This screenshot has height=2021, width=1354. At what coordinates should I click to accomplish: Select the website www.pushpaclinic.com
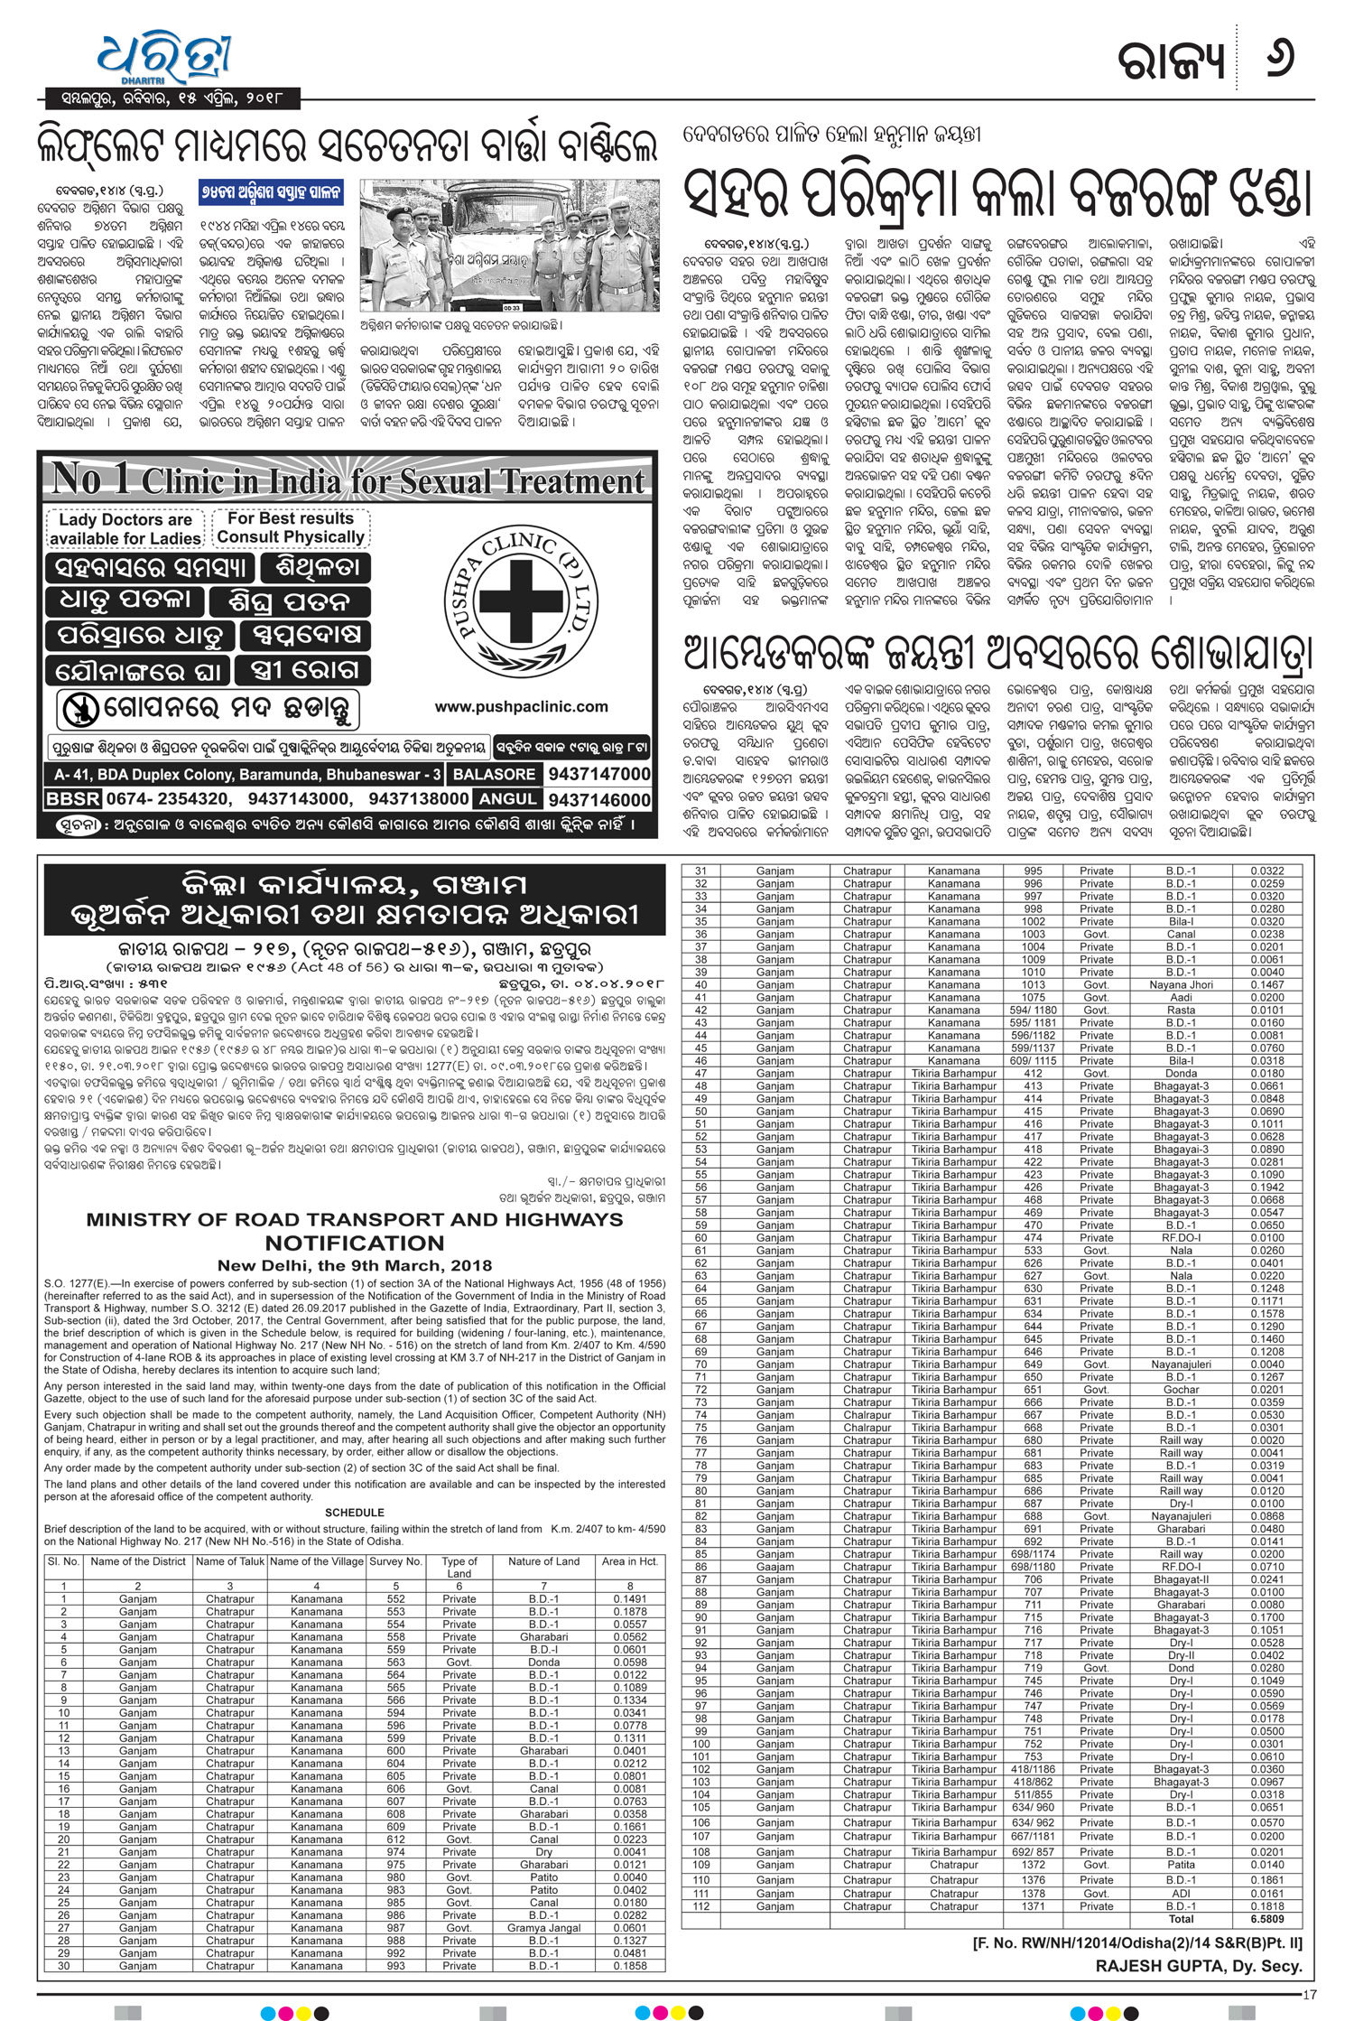click(521, 707)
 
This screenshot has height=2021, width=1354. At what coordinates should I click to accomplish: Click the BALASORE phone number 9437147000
click(598, 774)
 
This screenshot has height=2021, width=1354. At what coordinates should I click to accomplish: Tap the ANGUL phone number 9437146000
click(598, 799)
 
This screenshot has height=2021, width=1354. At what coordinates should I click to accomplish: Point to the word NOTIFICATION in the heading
click(354, 1243)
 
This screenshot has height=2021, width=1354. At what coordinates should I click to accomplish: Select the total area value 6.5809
click(1266, 1919)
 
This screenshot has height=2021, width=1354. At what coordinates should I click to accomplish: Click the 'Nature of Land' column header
click(543, 1561)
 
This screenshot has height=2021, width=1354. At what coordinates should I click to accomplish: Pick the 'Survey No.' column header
click(395, 1561)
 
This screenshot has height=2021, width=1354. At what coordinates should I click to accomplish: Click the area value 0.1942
click(1266, 1187)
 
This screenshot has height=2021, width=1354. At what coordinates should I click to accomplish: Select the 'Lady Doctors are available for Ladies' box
click(125, 529)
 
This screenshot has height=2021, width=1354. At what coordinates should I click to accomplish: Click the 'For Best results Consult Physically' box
click(290, 527)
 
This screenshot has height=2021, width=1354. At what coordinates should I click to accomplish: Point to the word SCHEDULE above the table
click(354, 1513)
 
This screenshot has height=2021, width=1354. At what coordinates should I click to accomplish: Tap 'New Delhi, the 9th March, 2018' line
click(354, 1265)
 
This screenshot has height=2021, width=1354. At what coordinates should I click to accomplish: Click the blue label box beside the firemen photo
click(272, 192)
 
